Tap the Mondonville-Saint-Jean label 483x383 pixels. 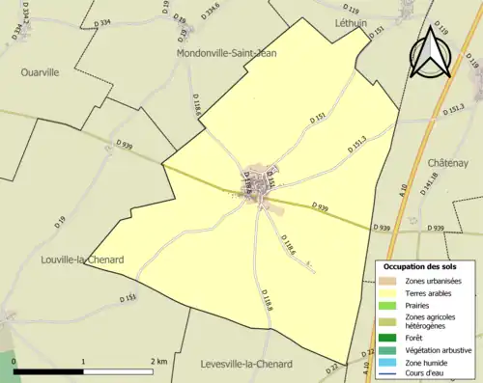click(227, 54)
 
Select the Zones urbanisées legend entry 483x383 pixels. click(432, 280)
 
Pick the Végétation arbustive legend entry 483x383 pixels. click(431, 350)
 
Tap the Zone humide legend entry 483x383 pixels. click(426, 363)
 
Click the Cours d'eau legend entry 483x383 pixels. click(426, 374)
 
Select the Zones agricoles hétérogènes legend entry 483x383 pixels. click(430, 321)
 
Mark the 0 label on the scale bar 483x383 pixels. click(14, 362)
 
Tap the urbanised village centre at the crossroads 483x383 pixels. click(258, 178)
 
